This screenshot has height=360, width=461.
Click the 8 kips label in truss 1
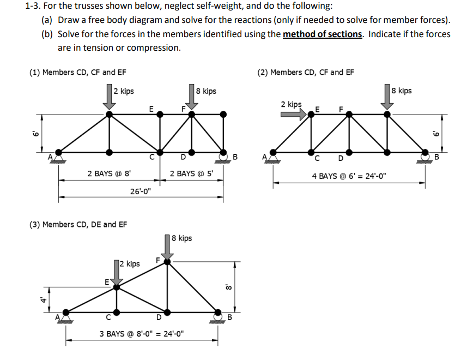pyautogui.click(x=206, y=91)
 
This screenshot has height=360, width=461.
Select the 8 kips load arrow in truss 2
pyautogui.click(x=387, y=97)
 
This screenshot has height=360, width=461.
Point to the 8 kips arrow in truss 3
pyautogui.click(x=167, y=247)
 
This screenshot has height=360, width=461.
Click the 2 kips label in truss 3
pyautogui.click(x=129, y=264)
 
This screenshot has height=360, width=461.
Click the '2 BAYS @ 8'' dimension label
pyautogui.click(x=109, y=174)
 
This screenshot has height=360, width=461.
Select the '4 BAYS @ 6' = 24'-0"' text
pyautogui.click(x=349, y=176)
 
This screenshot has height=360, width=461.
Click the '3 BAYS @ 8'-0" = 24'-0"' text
pyautogui.click(x=142, y=334)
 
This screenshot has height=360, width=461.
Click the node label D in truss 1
pyautogui.click(x=184, y=159)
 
